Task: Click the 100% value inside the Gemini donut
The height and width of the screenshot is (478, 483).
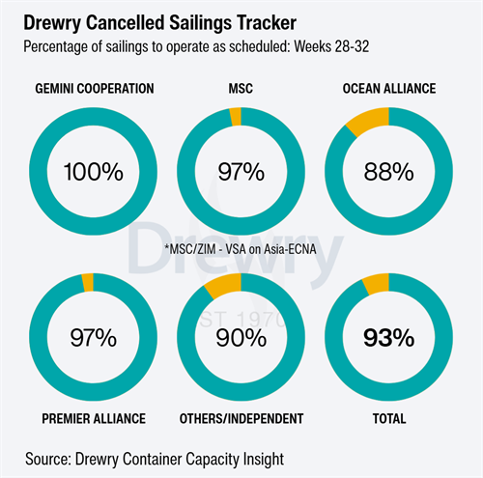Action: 94,172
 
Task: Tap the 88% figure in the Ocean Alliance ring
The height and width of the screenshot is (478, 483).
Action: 388,172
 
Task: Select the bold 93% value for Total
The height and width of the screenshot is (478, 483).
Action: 388,338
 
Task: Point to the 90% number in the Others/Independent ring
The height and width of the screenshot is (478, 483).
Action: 241,338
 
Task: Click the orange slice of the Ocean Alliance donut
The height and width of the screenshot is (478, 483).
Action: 369,120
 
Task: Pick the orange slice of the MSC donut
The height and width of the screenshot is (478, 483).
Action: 236,117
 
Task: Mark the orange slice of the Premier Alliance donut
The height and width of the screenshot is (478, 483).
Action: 88,283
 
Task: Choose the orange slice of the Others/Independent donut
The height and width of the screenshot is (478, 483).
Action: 224,285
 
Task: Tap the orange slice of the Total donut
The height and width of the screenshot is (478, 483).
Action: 377,283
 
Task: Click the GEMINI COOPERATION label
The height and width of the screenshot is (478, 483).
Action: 95,89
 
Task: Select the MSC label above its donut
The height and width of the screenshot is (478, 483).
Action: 241,89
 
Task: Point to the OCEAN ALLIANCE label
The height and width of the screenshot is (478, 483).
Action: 389,89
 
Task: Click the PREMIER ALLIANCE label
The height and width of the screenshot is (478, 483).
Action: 94,419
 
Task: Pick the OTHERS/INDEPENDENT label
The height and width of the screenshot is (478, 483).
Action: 241,419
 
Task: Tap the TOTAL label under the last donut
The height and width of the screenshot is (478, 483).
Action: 389,419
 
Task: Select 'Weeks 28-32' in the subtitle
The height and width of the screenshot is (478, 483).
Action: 331,46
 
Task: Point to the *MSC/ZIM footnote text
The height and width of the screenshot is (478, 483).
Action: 241,249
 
